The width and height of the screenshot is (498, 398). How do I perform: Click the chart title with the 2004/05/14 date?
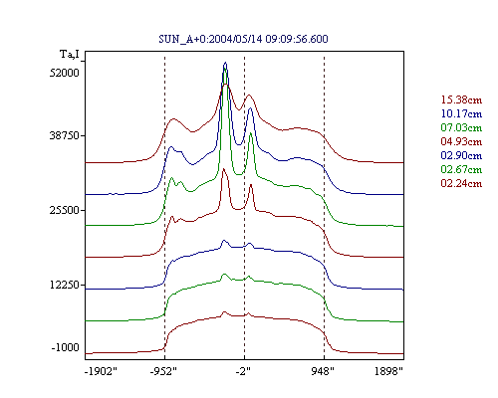click(x=243, y=39)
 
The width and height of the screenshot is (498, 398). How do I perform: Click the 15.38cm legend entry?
click(x=461, y=99)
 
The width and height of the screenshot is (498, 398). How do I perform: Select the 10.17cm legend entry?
click(x=461, y=113)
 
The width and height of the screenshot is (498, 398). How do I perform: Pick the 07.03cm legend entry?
click(x=461, y=127)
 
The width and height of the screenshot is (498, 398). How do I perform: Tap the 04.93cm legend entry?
click(x=461, y=141)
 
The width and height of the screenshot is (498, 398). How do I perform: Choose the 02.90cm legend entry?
click(x=461, y=155)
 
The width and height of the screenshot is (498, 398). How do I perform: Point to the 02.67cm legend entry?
click(x=461, y=169)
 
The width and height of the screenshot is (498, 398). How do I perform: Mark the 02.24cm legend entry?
click(x=461, y=183)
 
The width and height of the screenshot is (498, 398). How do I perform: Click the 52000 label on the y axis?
click(x=65, y=73)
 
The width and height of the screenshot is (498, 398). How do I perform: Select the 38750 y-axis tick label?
click(x=65, y=135)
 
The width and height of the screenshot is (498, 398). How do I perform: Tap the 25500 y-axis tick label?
click(x=65, y=210)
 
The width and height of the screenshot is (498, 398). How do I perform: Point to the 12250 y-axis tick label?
click(x=65, y=285)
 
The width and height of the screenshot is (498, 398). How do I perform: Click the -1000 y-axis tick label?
click(x=66, y=347)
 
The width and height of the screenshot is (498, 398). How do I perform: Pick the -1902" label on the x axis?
click(x=102, y=371)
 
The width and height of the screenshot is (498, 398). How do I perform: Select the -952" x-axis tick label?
click(x=163, y=371)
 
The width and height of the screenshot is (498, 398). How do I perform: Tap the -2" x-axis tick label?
click(x=243, y=371)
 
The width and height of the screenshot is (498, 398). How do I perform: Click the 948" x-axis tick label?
click(x=323, y=371)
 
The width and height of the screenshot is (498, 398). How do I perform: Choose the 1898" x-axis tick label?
click(x=388, y=371)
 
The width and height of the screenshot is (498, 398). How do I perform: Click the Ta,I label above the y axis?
click(x=70, y=54)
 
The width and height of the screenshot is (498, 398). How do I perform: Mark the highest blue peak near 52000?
click(x=226, y=63)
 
